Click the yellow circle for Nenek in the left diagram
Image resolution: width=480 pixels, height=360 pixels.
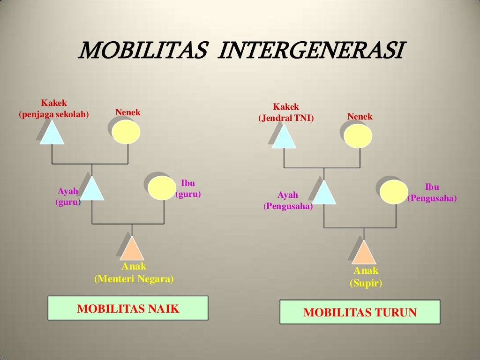click(126, 132)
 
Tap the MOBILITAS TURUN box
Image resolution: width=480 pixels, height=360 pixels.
click(360, 312)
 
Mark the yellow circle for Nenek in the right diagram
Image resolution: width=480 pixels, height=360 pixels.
click(358, 136)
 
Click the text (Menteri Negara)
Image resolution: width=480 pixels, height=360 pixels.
click(134, 279)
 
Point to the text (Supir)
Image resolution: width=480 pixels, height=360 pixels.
click(366, 283)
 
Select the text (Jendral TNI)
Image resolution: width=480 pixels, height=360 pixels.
click(286, 118)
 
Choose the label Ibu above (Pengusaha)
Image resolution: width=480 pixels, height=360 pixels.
click(432, 187)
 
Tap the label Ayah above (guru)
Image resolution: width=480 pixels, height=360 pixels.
click(68, 191)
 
